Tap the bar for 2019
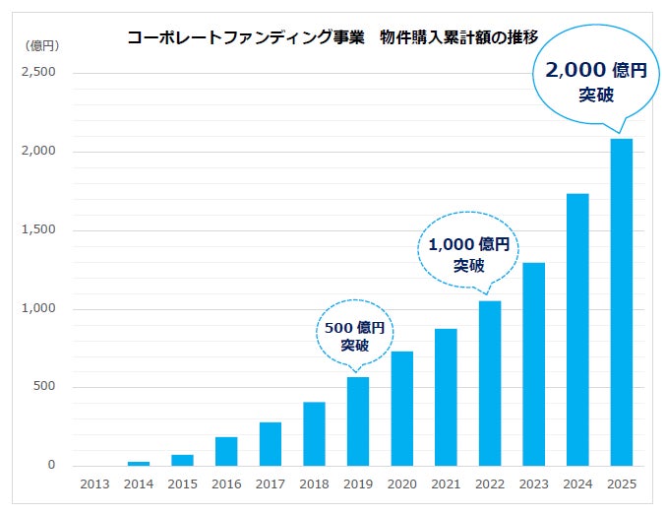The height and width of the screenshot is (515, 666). (358, 421)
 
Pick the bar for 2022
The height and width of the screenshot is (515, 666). (489, 383)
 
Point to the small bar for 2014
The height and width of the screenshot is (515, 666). (139, 464)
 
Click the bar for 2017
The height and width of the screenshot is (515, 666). (271, 444)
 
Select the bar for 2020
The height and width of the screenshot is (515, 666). (401, 409)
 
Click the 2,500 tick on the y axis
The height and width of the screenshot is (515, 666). (40, 73)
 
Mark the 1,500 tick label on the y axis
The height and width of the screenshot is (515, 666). (40, 230)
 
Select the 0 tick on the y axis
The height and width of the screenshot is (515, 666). (51, 466)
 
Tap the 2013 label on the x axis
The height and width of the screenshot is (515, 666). (95, 483)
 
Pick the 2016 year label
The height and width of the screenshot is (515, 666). (226, 483)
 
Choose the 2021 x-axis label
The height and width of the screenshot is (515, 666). (446, 483)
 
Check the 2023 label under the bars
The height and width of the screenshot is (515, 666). (533, 483)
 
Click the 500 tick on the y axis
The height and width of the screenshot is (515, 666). (44, 387)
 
